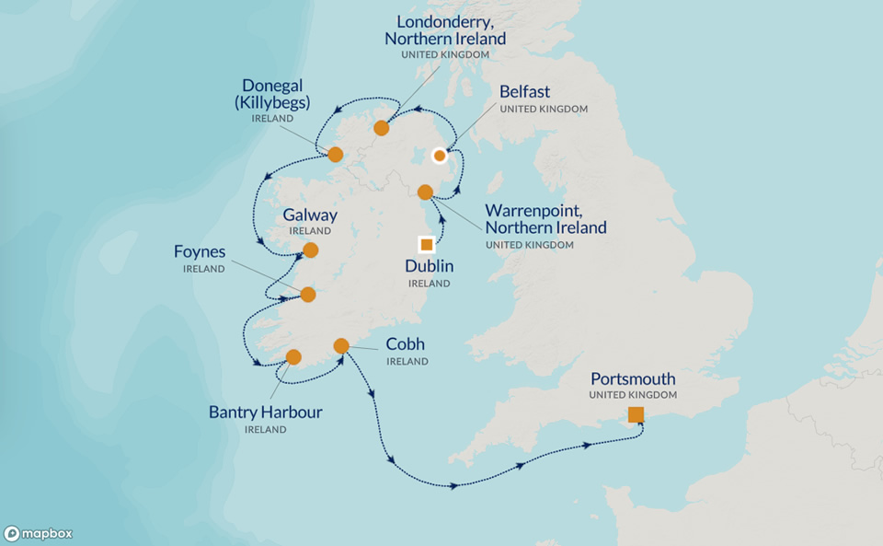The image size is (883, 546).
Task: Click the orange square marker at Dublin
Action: pos(426,244)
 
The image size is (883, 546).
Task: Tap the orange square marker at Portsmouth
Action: pos(636,414)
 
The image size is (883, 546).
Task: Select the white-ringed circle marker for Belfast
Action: pos(440,155)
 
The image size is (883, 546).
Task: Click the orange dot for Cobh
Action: pos(341,346)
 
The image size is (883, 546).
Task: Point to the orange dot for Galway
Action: pos(311,250)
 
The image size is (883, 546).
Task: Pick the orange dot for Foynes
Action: pos(308,295)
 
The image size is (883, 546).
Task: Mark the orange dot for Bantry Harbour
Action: pos(293,357)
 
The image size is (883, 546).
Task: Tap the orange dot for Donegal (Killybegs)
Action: pos(336,154)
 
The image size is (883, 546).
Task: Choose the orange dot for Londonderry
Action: pos(382,128)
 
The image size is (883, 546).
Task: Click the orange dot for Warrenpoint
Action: pos(425,192)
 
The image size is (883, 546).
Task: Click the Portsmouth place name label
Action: pos(633,378)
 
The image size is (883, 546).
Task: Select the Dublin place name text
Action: pos(429,266)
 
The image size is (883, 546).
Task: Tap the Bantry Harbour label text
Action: pos(265,412)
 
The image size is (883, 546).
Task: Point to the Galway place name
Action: pos(310,215)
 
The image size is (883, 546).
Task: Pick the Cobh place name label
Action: pos(405,344)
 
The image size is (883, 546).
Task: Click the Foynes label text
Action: pos(200,251)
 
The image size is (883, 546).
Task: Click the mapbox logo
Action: pos(38,533)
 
